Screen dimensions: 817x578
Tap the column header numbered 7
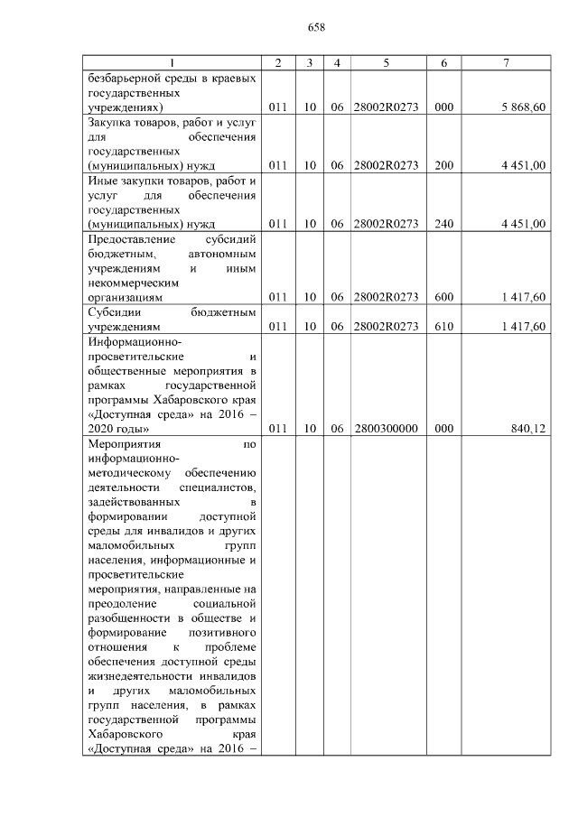click(506, 62)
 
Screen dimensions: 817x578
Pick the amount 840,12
click(528, 429)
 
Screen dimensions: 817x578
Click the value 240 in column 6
click(443, 224)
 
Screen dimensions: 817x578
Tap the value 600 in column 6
click(443, 296)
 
